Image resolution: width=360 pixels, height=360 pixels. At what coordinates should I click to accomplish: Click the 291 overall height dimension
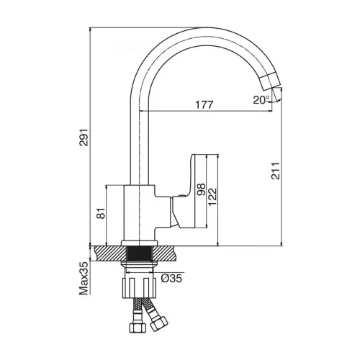(x=84, y=138)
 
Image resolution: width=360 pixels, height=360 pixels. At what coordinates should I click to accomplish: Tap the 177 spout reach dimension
(x=204, y=105)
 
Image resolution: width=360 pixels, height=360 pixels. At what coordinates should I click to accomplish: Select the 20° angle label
(x=261, y=100)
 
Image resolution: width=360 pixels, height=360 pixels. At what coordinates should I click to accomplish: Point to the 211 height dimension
(x=276, y=171)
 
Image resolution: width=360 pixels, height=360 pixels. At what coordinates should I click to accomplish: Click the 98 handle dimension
(x=201, y=189)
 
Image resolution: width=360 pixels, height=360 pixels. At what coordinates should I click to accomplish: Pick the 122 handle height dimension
(x=212, y=197)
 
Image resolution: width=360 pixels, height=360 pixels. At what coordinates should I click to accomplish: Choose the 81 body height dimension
(x=101, y=213)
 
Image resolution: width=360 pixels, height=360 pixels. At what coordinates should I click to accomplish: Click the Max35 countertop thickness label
(x=84, y=278)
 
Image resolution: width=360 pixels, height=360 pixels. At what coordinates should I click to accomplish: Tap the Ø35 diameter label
(x=171, y=279)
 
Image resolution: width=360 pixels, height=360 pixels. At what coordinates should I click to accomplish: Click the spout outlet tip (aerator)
(x=270, y=81)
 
